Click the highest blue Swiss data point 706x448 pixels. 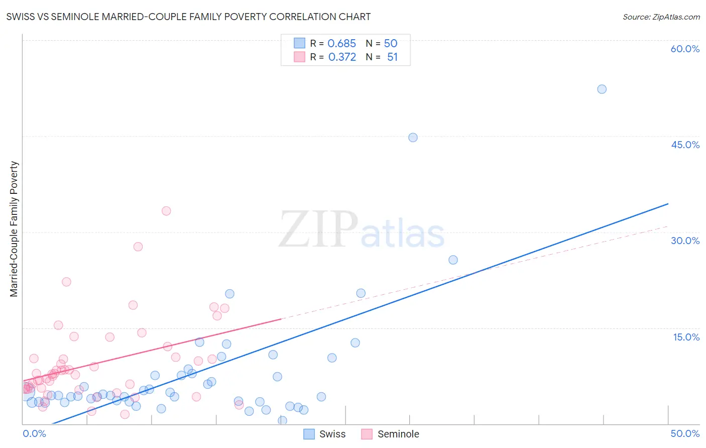pos(602,89)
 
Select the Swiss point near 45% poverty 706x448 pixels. pos(413,137)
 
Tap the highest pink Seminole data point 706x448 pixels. pos(166,211)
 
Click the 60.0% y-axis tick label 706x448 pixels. pos(685,49)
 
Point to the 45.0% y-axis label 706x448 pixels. pos(685,145)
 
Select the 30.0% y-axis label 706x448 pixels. pos(685,241)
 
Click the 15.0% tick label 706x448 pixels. pos(686,337)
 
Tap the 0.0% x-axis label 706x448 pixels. pos(34,433)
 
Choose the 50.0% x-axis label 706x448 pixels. pos(685,433)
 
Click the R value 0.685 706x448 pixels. pos(341,43)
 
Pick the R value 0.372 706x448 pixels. pos(341,57)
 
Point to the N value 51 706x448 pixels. pos(392,57)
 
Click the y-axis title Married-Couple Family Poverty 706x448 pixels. pos(14,229)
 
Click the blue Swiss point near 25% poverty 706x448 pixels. pos(453,260)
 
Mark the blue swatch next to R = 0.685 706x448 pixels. pos(300,43)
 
